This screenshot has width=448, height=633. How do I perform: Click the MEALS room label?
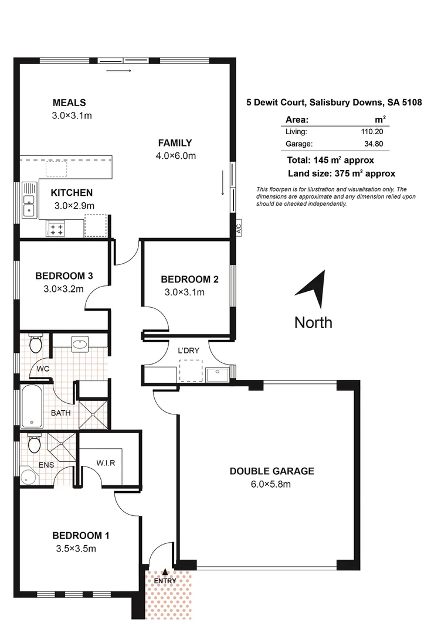[69, 103]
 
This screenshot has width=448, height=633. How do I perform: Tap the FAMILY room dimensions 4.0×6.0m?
[175, 155]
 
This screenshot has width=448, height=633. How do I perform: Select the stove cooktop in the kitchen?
[56, 229]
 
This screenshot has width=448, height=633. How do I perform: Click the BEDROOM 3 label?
[63, 275]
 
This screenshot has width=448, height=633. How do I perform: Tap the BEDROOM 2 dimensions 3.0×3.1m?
[184, 292]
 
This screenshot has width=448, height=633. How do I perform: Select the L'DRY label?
[189, 350]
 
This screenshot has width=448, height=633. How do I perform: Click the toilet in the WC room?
[35, 343]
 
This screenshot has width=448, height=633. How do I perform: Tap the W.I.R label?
[106, 462]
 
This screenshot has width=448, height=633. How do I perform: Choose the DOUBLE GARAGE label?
[271, 471]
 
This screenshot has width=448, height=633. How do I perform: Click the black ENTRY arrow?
[165, 571]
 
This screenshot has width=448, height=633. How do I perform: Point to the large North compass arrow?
[313, 289]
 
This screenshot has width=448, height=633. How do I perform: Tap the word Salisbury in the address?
[330, 103]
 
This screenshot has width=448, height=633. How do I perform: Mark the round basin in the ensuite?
[27, 477]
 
